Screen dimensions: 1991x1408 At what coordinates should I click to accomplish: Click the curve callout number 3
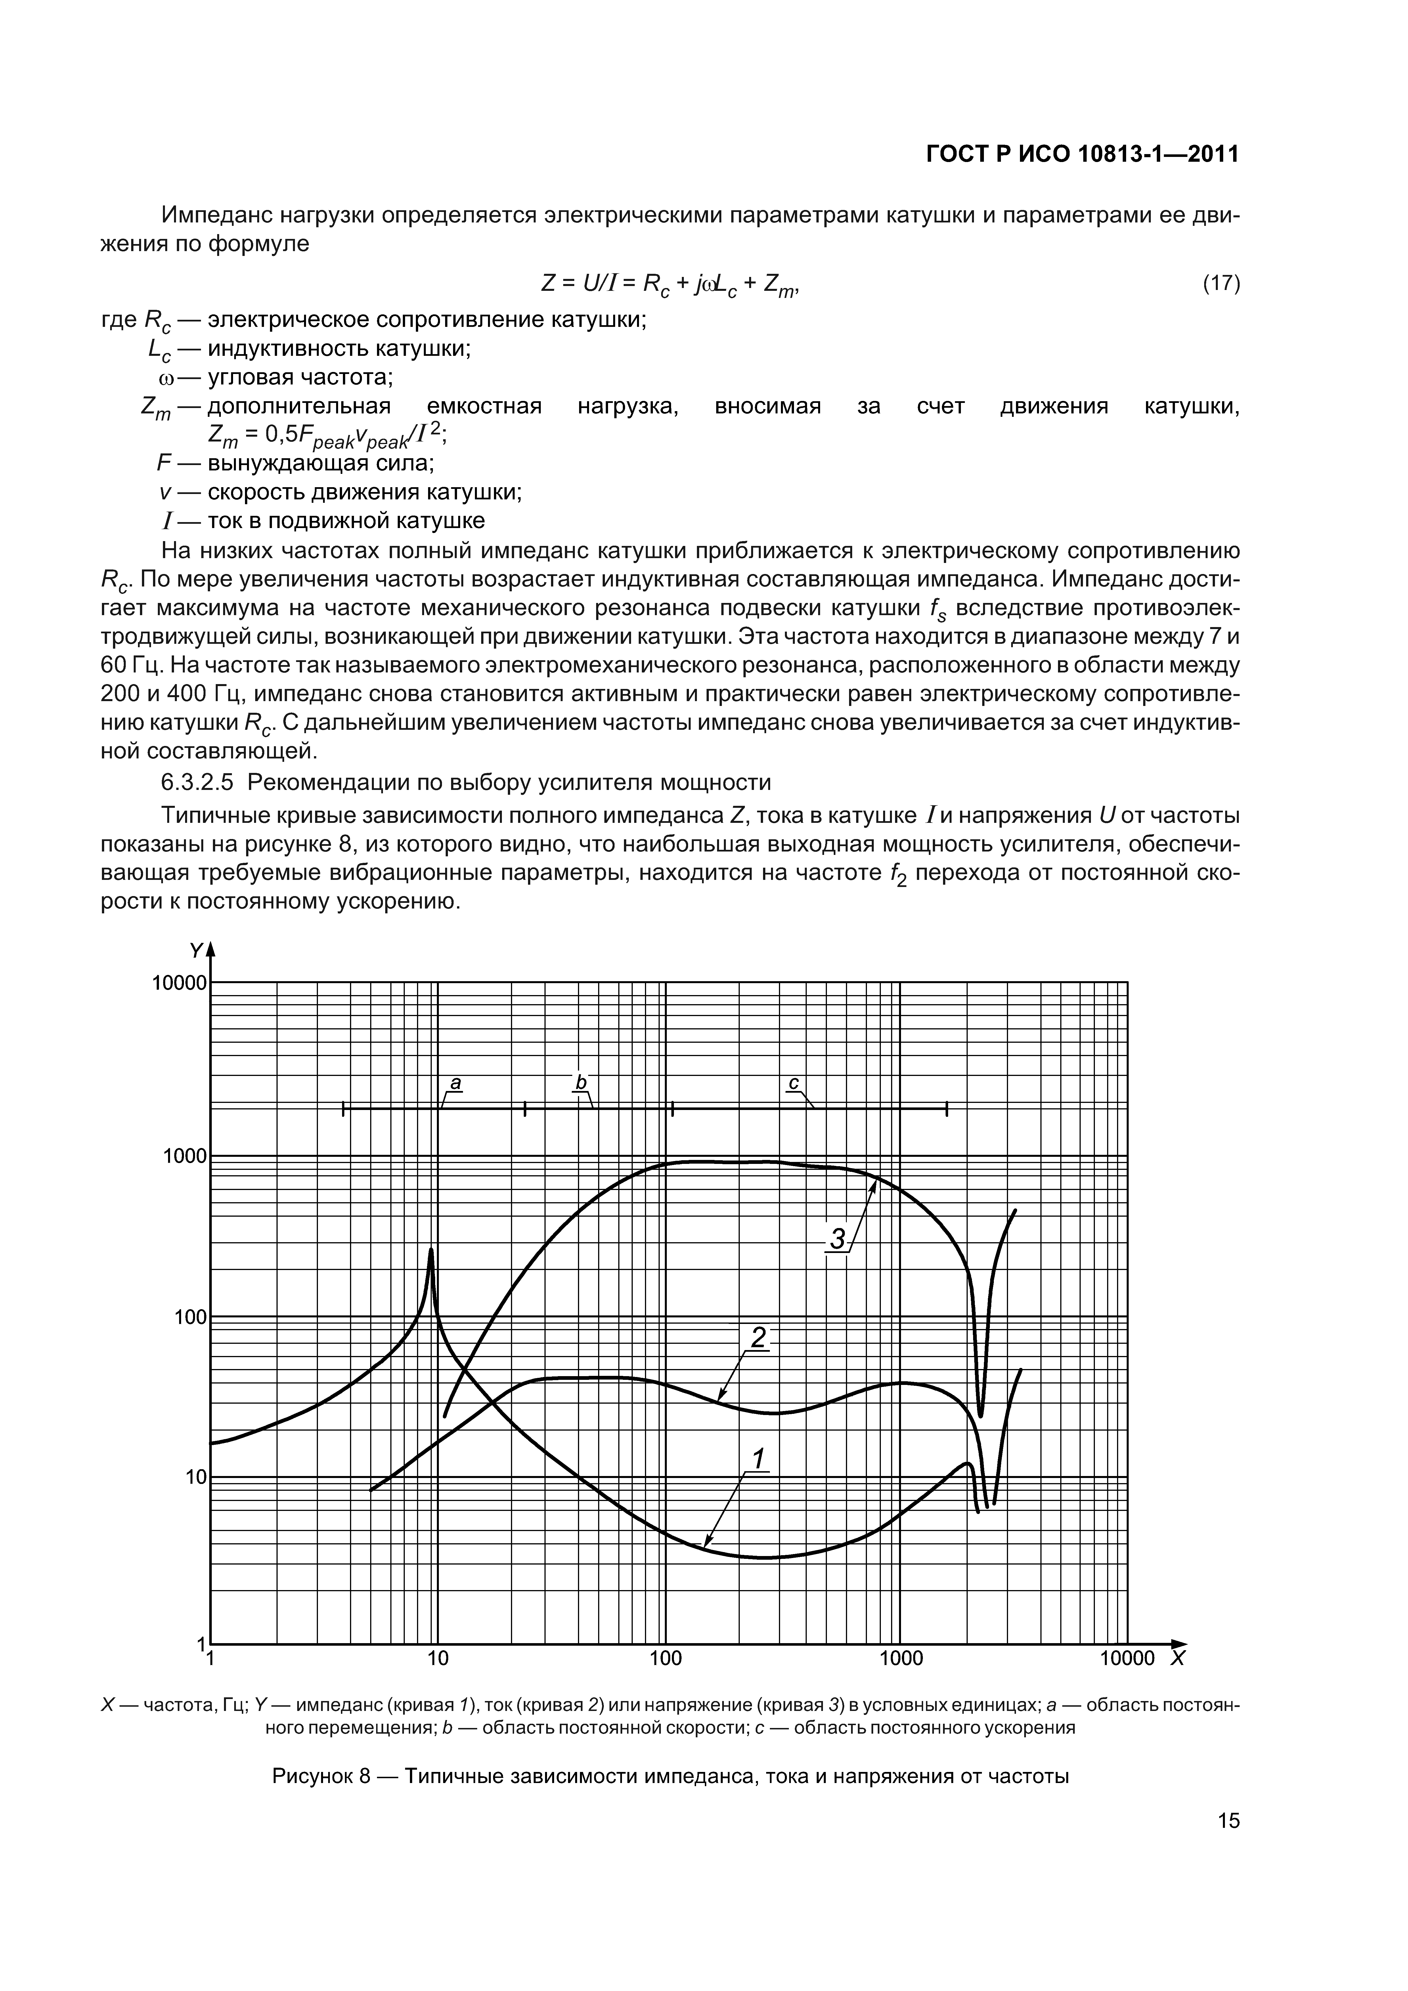tap(837, 1240)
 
